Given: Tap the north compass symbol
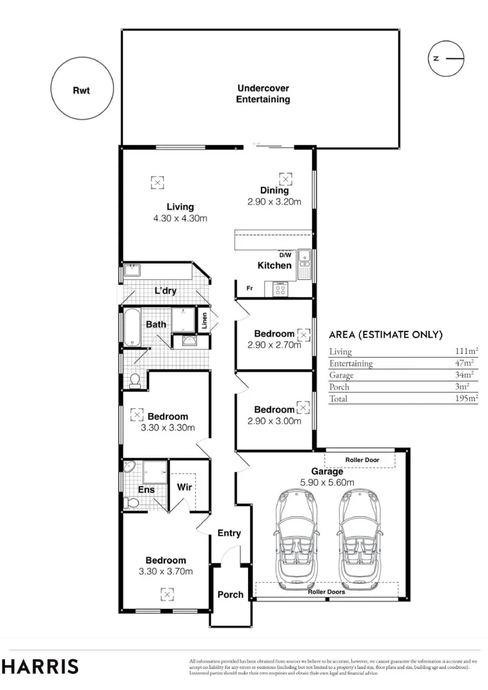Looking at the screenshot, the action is coord(446,59).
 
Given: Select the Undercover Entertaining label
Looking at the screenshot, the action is coord(263,94).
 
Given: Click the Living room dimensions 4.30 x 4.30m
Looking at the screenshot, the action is coord(180,218).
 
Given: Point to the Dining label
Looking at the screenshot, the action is coord(274,190).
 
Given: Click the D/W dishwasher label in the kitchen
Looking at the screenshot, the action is coord(285,255).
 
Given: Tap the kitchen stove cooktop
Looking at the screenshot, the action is coord(280,290).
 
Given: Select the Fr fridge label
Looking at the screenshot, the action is coord(249,288).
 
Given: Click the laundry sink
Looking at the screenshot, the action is coord(132,270).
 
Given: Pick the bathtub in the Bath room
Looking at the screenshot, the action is coord(132,328).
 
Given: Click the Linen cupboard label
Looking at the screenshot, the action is coord(204,321).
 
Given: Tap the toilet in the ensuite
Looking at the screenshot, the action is coord(131,502).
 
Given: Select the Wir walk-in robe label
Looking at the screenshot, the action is coord(184,487).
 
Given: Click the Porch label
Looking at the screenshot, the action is coord(230,595).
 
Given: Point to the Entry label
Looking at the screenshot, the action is coord(229,533).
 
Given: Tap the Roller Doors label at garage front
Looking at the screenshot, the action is coord(326,592).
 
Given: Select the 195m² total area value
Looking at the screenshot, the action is coord(466,398).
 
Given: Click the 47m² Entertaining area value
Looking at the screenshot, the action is coord(464,363).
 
